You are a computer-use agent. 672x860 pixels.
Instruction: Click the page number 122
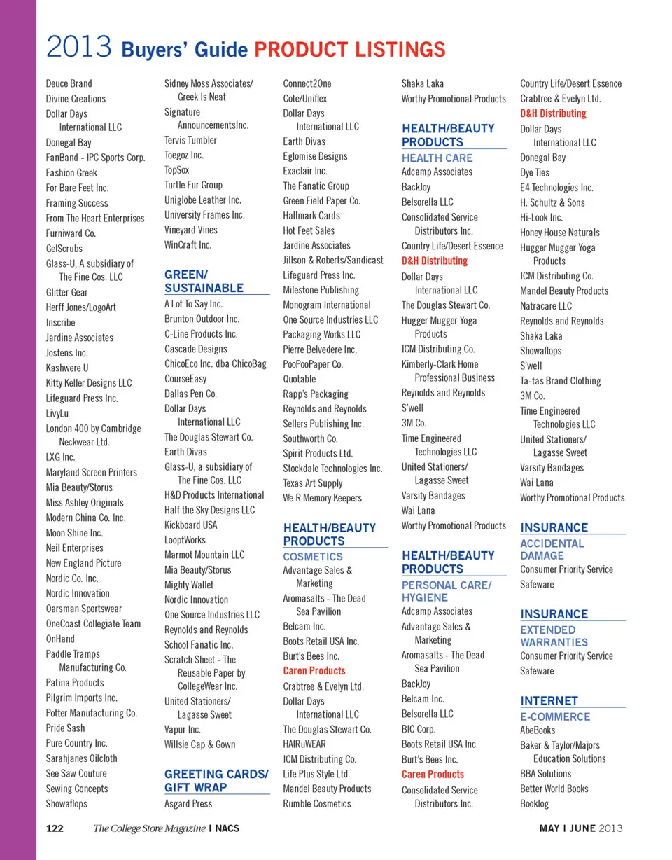55,828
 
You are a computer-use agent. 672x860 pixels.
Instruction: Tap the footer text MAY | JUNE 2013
580,828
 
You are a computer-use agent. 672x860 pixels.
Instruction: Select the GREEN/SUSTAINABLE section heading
204,281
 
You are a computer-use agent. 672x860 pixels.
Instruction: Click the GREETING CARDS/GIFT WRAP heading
216,781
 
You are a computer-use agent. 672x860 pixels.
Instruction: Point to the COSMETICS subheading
313,556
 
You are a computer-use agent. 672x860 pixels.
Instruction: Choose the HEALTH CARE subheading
437,158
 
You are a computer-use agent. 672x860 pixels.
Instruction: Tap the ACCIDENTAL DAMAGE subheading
552,549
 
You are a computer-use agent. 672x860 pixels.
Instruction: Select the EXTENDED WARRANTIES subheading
554,636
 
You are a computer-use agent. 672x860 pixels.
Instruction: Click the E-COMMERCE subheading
555,716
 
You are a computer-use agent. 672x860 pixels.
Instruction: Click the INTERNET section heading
549,701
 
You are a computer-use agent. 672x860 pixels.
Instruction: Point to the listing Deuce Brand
69,83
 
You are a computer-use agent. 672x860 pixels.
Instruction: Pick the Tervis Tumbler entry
190,140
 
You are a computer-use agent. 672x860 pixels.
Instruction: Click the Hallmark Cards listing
311,216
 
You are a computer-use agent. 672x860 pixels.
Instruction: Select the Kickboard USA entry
190,525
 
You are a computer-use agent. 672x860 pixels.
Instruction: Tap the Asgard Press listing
188,804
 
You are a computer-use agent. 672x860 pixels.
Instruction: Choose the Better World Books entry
554,789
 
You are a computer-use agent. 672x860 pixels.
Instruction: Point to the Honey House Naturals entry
559,232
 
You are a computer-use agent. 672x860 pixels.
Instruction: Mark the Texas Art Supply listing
312,483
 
